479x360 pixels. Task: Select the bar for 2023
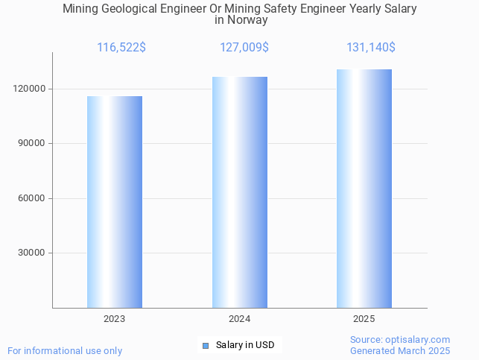coord(115,202)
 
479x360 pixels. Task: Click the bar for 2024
coord(239,192)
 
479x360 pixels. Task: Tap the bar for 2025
coord(364,189)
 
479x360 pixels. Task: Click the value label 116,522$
coord(121,48)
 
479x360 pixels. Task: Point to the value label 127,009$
coord(244,48)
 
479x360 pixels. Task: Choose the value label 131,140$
coord(370,48)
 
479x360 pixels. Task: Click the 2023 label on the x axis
coord(114,318)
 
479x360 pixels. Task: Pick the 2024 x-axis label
coord(239,318)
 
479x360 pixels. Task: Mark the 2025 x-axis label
coord(364,318)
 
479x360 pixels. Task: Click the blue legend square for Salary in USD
coord(206,345)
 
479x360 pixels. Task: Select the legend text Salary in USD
coord(245,345)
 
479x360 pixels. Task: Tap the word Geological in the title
coord(128,9)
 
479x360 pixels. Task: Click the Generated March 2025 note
coord(400,351)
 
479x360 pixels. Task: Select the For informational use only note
coord(65,351)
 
